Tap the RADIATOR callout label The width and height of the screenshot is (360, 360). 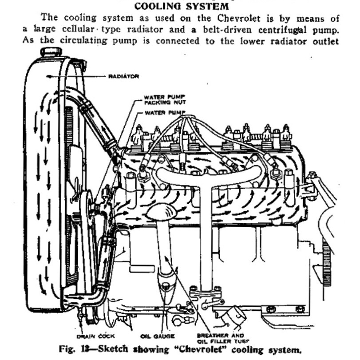123,76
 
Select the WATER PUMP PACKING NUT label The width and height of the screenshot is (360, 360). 158,100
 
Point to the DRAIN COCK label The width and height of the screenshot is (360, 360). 92,336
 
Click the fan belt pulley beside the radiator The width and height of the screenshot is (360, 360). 87,209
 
